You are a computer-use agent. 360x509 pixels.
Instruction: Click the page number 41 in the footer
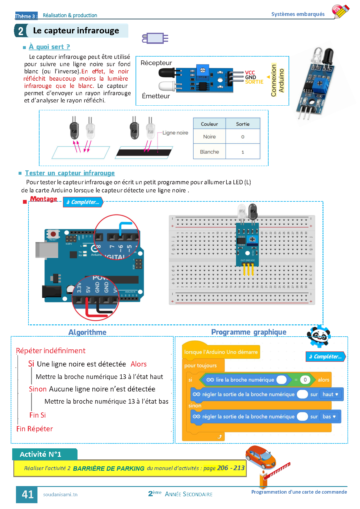(x=28, y=494)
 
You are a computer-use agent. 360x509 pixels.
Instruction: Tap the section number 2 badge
(x=21, y=31)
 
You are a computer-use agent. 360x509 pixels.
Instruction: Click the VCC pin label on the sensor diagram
(x=250, y=73)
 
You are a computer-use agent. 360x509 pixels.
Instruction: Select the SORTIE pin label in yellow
(x=254, y=82)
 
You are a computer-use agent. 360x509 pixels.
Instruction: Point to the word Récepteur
(x=156, y=63)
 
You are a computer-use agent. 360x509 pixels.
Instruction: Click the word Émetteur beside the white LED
(x=156, y=96)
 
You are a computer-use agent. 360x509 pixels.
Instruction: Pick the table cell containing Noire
(x=209, y=137)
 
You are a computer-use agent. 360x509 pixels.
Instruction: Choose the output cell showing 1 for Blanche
(x=243, y=152)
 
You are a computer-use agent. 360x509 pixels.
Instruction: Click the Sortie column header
(x=243, y=124)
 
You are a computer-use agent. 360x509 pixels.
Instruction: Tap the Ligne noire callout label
(x=175, y=133)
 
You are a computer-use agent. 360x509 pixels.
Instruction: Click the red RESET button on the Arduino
(x=53, y=234)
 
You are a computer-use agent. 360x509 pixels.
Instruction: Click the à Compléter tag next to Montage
(x=83, y=202)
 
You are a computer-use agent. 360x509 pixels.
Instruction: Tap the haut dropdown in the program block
(x=330, y=394)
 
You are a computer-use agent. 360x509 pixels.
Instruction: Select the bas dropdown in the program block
(x=329, y=417)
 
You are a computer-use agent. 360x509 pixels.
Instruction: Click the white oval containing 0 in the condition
(x=305, y=380)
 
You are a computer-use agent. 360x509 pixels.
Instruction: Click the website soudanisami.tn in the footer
(x=60, y=494)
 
